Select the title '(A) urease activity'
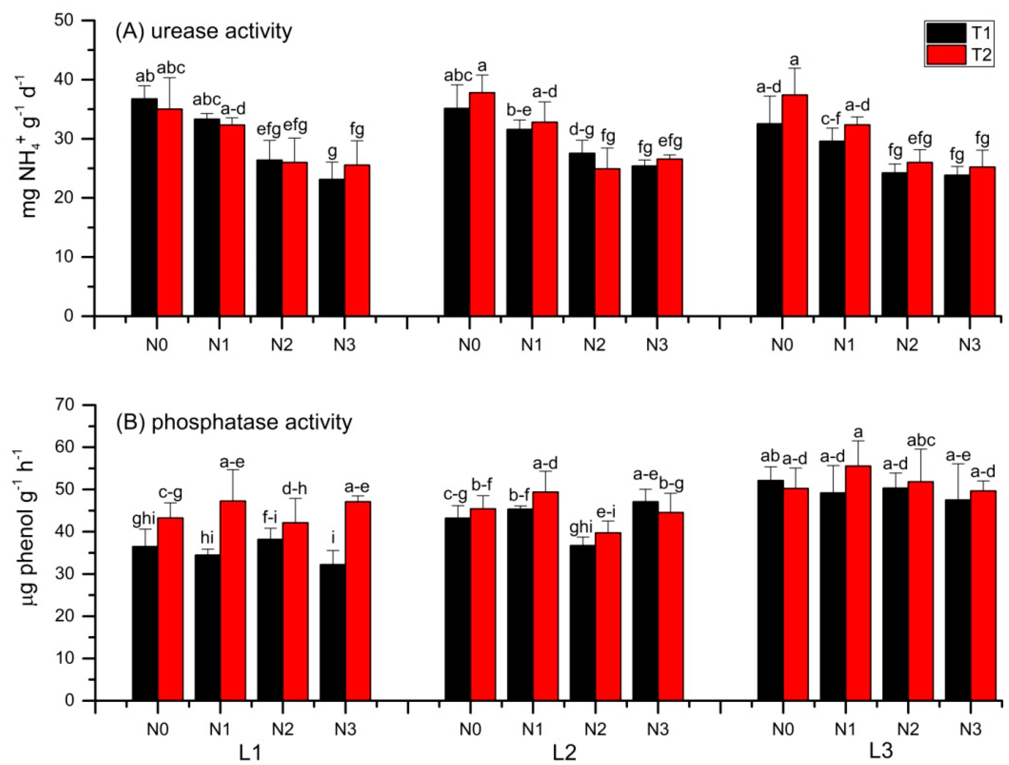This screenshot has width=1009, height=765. click(204, 32)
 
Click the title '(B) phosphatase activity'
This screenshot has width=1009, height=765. click(233, 422)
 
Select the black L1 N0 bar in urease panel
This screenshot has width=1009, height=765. click(145, 207)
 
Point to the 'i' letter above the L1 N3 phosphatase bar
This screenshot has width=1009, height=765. click(333, 538)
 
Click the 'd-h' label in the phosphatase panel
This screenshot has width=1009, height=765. click(295, 489)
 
